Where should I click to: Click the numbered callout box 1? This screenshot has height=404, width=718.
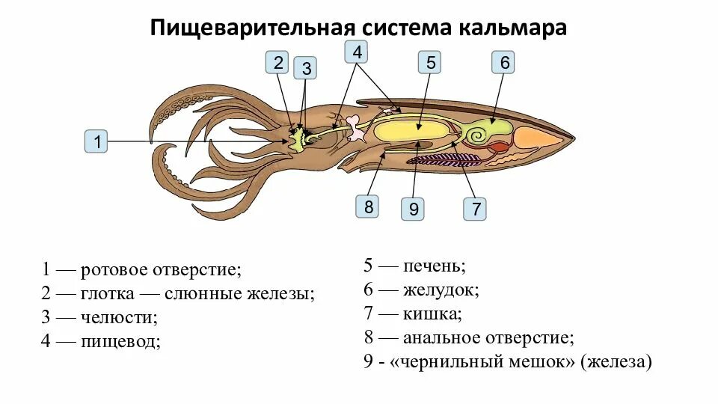tap(97, 141)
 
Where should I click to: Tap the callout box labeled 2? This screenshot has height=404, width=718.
tap(278, 62)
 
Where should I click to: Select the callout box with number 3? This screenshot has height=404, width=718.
tap(305, 69)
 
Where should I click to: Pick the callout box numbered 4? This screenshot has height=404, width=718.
tap(357, 52)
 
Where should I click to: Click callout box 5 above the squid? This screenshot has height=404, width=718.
tap(431, 62)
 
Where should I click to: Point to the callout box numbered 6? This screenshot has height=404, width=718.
tap(504, 62)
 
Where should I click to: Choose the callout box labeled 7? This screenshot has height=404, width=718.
tap(474, 208)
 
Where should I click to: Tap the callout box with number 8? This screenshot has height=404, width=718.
tap(368, 206)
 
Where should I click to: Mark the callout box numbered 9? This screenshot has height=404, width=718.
tap(412, 208)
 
